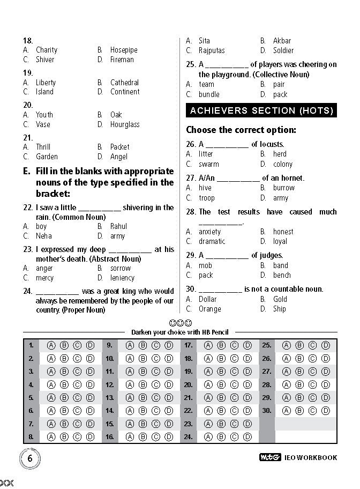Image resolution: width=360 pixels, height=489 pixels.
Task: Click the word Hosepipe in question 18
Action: coord(124,50)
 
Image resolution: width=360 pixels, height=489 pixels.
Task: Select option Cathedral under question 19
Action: coord(124,83)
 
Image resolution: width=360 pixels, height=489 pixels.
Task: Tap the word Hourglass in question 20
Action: coord(125,124)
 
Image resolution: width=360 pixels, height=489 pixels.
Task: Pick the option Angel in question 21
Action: coord(119,157)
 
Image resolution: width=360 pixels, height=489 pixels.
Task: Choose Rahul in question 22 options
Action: coord(118,226)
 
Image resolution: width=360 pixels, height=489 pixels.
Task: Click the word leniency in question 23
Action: coord(122,278)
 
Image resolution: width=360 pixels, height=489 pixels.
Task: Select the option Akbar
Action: coord(282,41)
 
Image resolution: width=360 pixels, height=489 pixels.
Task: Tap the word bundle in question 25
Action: coord(209,94)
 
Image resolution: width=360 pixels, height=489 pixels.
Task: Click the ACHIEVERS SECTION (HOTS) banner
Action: coord(261,110)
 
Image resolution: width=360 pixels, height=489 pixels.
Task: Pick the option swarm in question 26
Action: coord(208,164)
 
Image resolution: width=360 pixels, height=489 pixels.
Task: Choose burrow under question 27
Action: coord(284,188)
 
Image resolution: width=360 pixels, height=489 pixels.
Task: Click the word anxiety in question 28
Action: coord(209,232)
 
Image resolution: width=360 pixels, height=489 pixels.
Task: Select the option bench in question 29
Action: coord(282,275)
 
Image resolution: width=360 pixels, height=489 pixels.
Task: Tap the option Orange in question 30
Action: coord(209,309)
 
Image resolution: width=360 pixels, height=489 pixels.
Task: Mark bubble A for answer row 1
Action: coord(51,345)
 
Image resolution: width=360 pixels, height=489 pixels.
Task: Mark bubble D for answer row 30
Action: coord(325,411)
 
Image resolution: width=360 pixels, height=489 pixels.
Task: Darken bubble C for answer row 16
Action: coord(155,437)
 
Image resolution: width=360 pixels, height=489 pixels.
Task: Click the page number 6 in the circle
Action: coord(31,458)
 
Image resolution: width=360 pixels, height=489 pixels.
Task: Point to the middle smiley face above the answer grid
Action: coord(180,323)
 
